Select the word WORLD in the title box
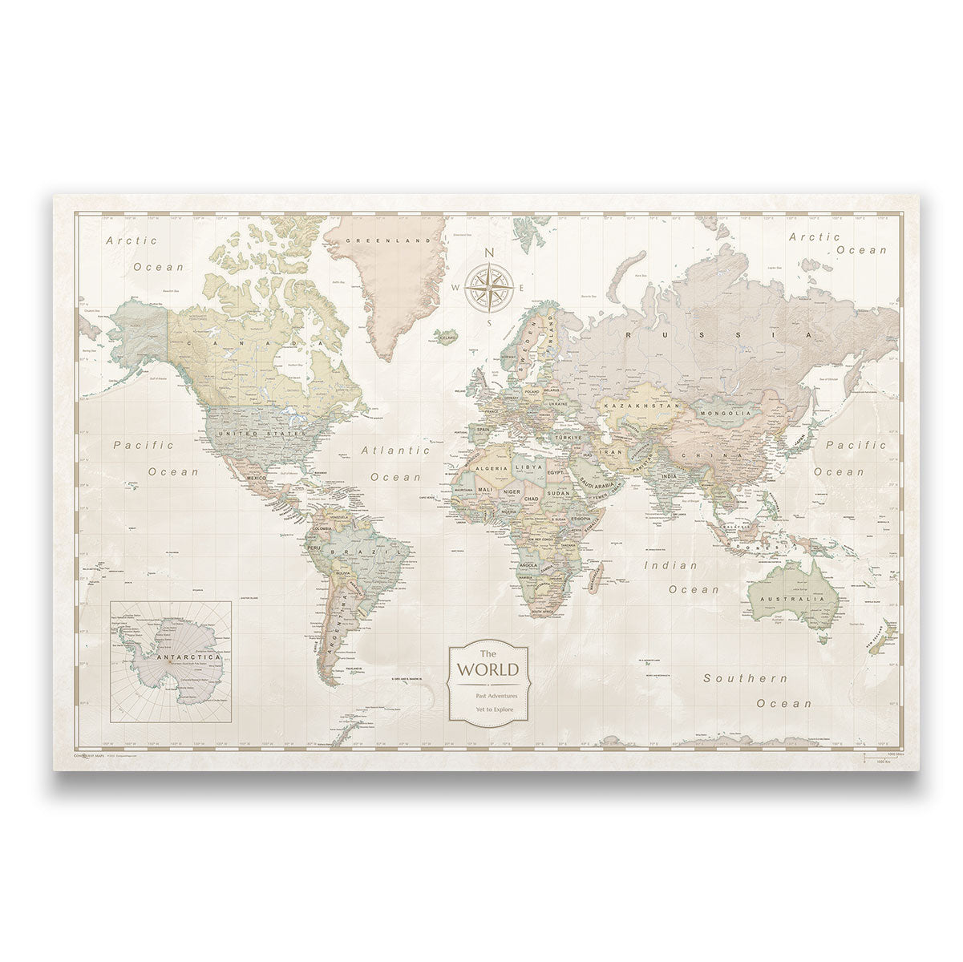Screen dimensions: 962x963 point(488,668)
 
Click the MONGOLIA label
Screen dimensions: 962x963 point(724,413)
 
